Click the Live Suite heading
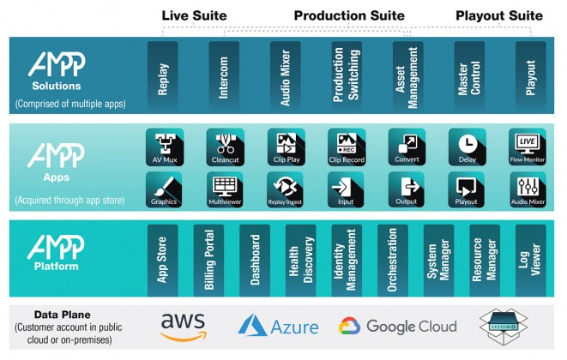(x=194, y=15)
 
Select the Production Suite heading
(x=349, y=15)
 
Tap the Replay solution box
(x=163, y=76)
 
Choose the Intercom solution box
(x=224, y=76)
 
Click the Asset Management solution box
(x=408, y=76)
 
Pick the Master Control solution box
(x=469, y=76)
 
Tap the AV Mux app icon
(x=165, y=147)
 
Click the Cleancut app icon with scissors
(x=226, y=147)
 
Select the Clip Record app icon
(x=347, y=147)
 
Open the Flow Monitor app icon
(x=528, y=147)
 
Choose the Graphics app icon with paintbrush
(x=164, y=189)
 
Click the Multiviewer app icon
(x=225, y=189)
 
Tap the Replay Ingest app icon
(x=285, y=189)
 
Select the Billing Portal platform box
(x=208, y=261)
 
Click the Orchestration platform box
(x=393, y=261)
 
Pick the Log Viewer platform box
(x=531, y=261)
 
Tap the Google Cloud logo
(x=398, y=327)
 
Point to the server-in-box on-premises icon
(x=504, y=327)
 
